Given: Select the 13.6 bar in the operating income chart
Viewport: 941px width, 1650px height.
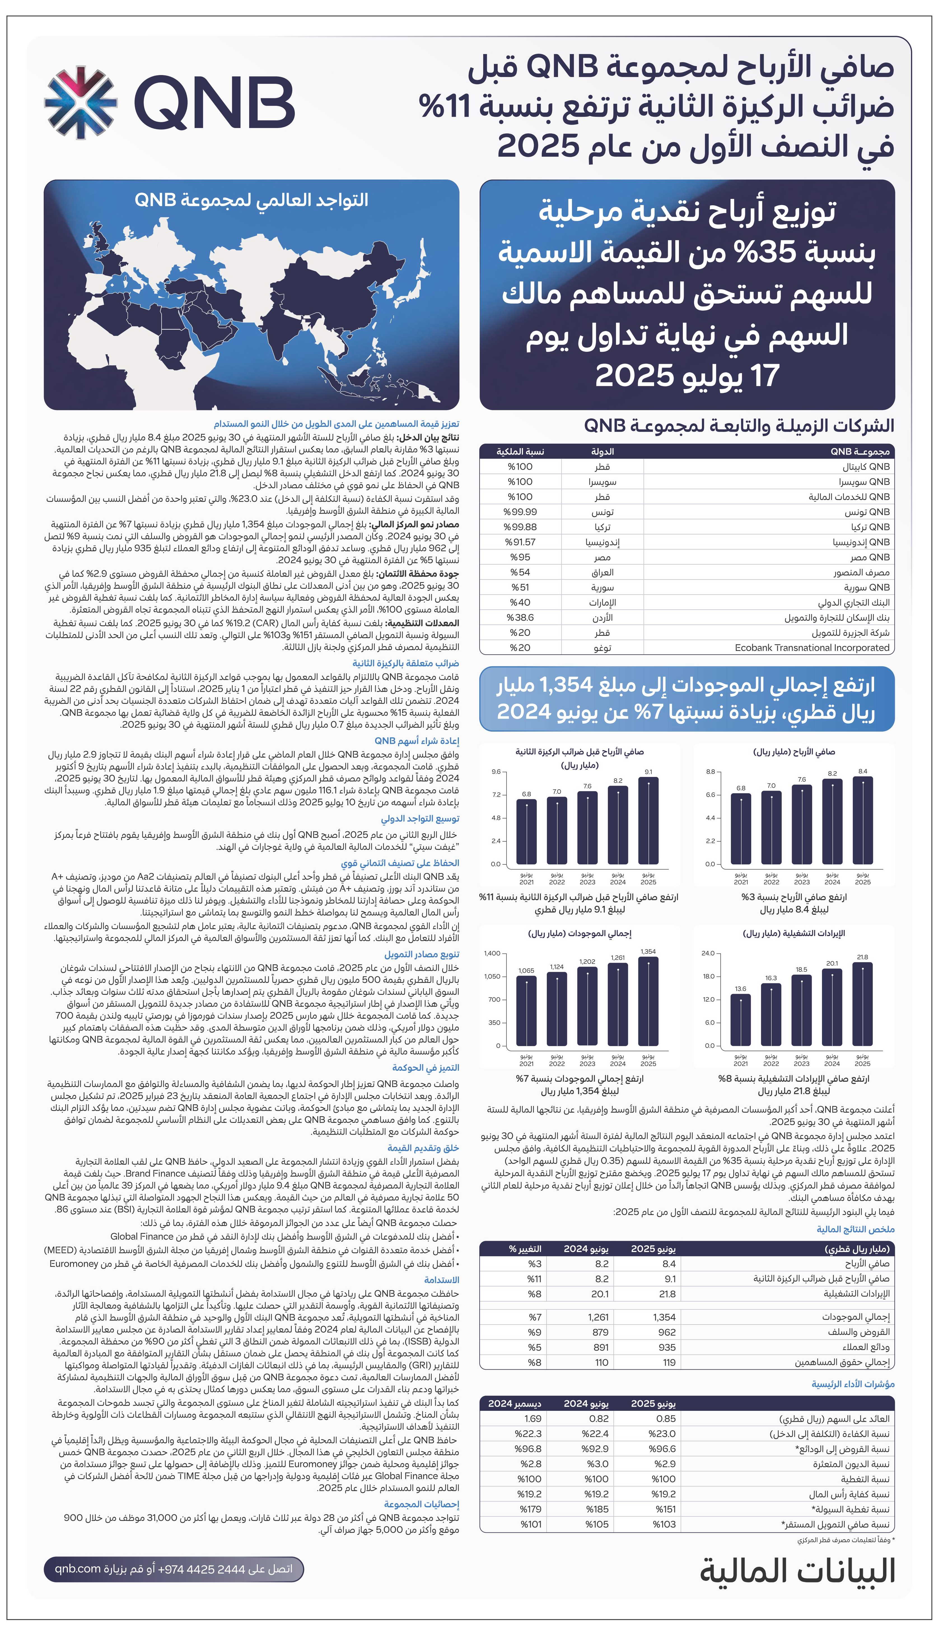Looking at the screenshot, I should point(741,1020).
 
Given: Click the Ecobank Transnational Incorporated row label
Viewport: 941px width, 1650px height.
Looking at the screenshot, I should point(812,648).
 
